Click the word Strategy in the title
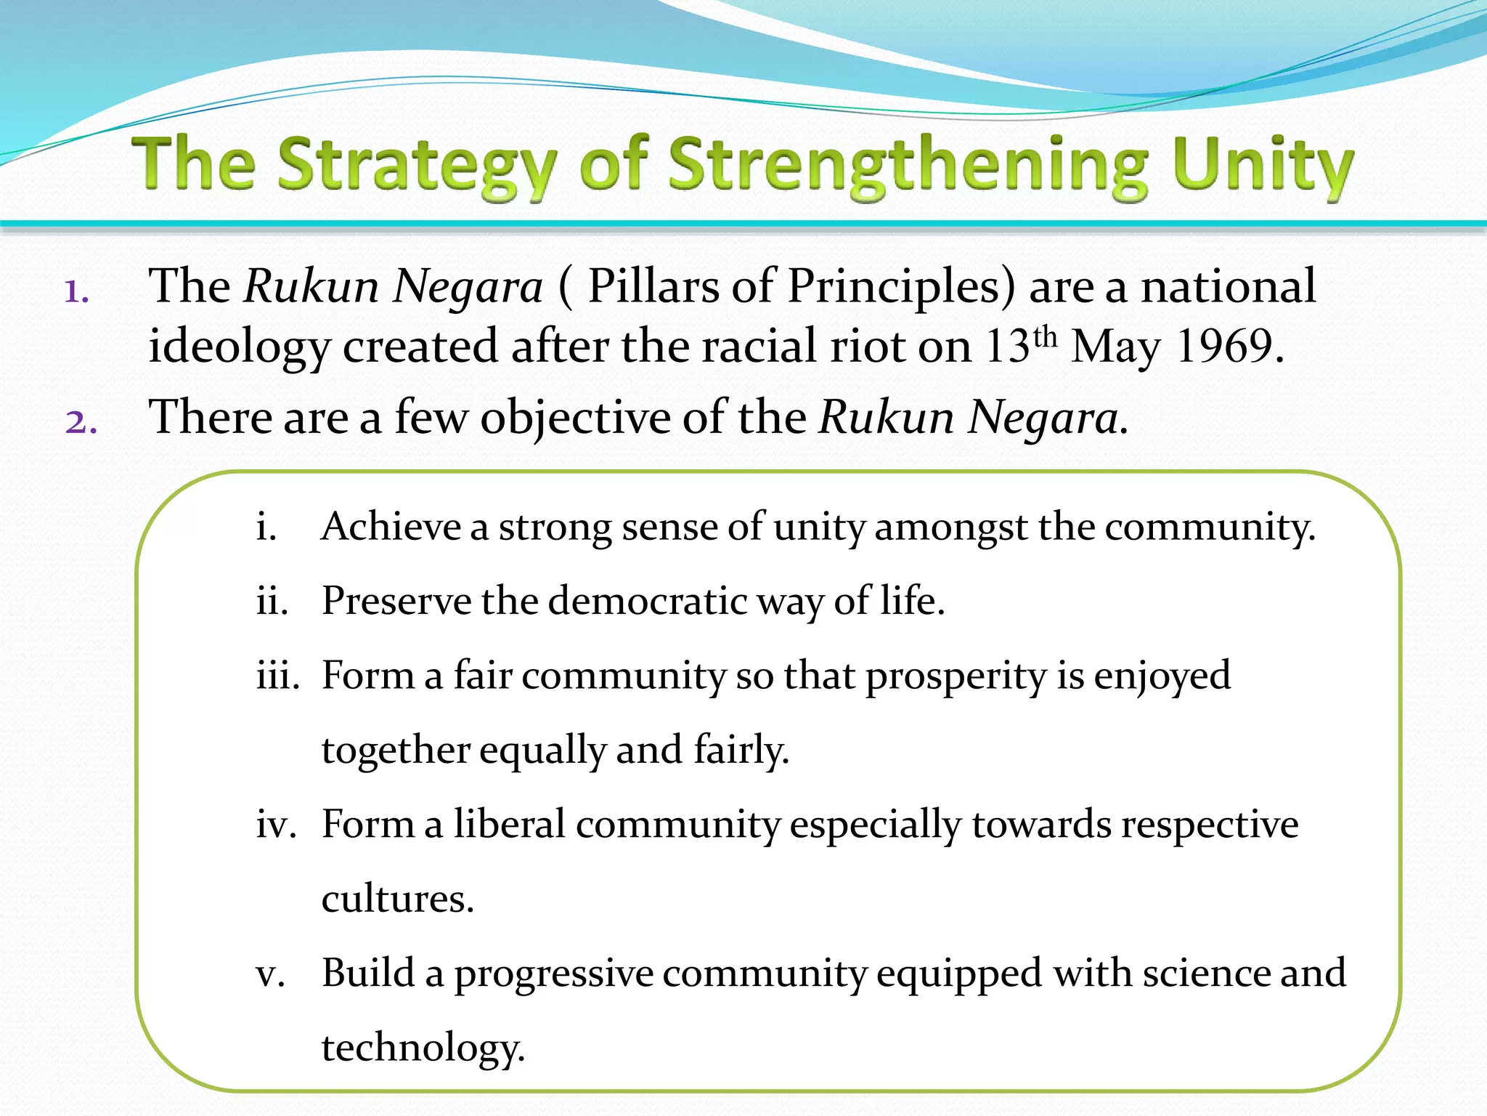pos(417,166)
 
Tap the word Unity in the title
pos(1262,166)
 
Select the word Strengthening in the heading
pos(908,166)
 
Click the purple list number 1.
pos(76,292)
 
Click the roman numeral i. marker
pos(266,527)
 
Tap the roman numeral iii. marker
pos(277,676)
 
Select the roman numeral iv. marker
pos(276,825)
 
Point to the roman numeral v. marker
pos(270,974)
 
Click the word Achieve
pos(391,527)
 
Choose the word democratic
pos(648,602)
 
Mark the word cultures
pos(397,899)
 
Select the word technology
pos(423,1048)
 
